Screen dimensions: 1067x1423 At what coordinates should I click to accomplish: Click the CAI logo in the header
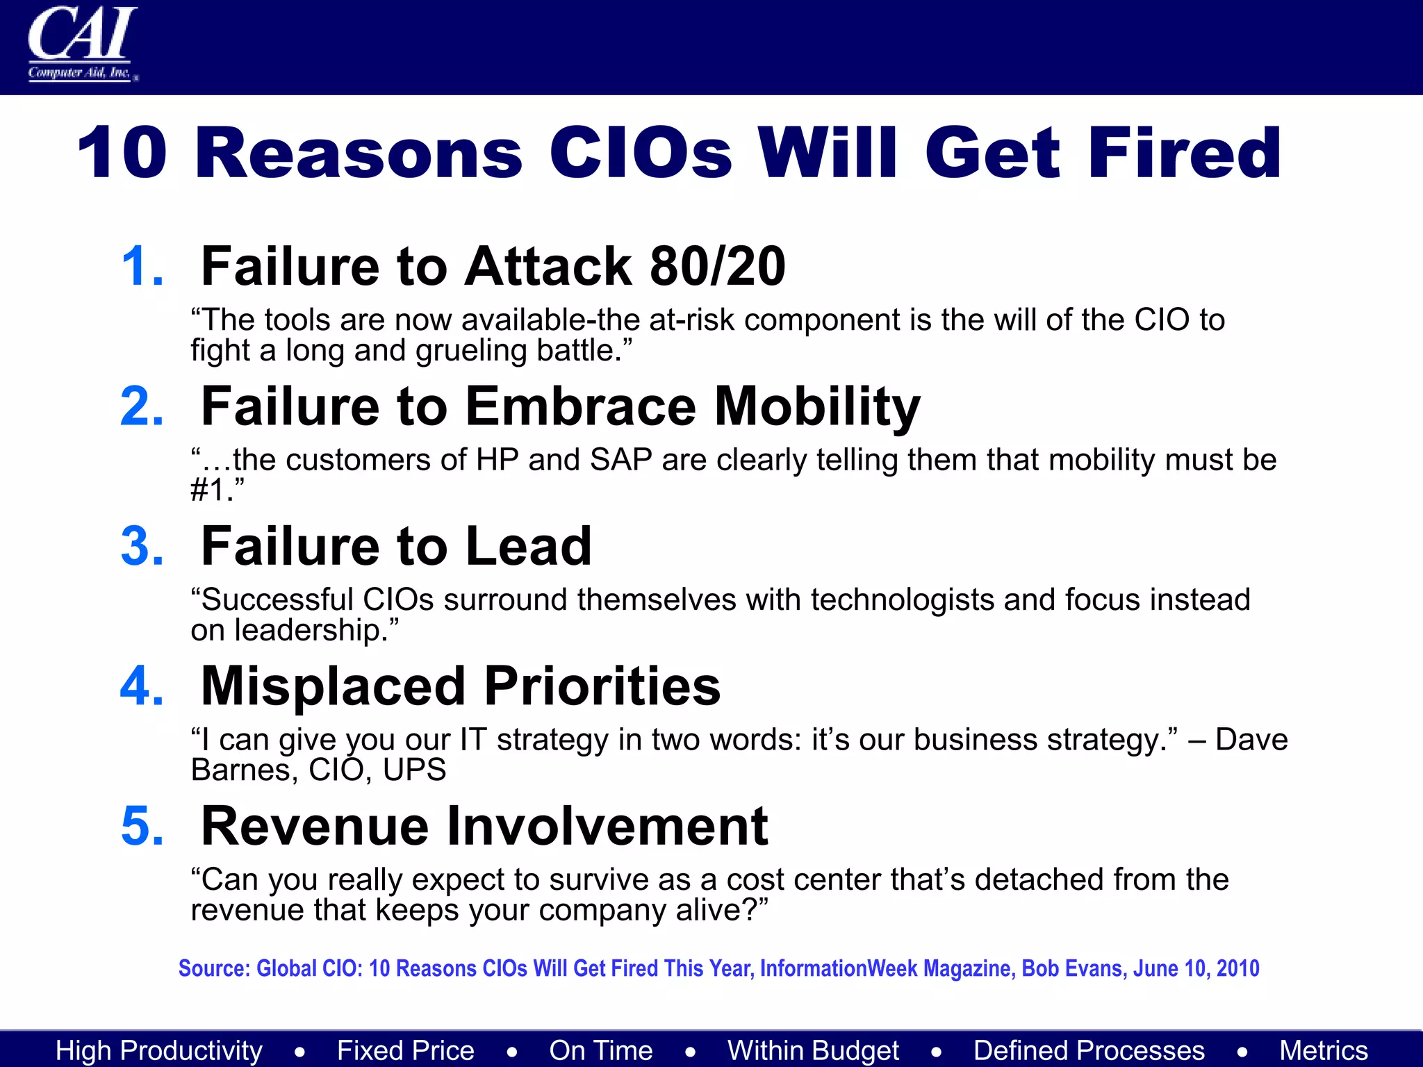tap(82, 43)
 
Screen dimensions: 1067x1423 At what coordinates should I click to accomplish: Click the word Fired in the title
tap(1184, 153)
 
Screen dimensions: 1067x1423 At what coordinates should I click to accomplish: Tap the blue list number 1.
tap(142, 266)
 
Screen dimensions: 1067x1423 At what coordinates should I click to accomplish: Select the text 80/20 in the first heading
tap(717, 266)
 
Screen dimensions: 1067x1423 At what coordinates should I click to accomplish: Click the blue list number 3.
tap(142, 547)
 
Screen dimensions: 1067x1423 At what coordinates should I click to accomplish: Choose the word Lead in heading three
tap(529, 547)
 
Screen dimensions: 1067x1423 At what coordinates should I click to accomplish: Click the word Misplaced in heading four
tap(333, 686)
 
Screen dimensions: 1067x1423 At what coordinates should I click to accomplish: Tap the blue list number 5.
tap(142, 827)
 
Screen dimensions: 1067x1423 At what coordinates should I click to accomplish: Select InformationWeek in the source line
tap(838, 968)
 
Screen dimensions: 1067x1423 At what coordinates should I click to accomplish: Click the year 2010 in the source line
tap(1237, 968)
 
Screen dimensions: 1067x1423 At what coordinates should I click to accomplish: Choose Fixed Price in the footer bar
tap(406, 1050)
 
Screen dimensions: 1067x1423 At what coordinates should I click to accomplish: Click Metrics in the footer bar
tap(1324, 1050)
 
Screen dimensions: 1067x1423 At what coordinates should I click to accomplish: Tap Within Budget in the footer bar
tap(813, 1050)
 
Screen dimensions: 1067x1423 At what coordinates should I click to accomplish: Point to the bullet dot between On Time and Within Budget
tap(690, 1052)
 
